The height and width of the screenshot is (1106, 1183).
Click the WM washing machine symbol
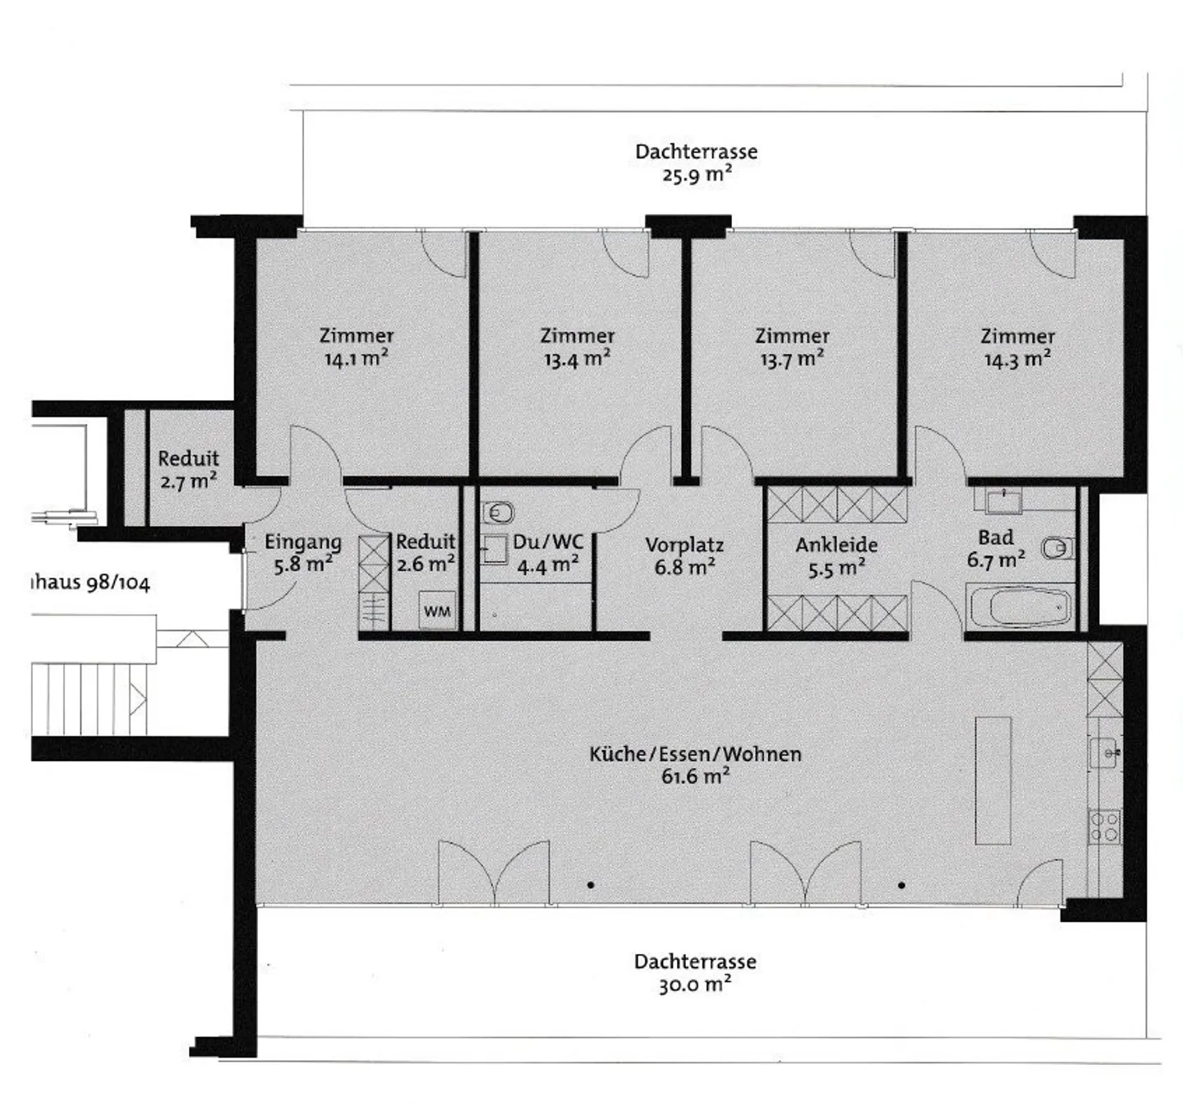(437, 611)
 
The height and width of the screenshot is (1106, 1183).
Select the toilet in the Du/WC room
(497, 513)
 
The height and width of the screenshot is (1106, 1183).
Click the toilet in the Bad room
(1056, 547)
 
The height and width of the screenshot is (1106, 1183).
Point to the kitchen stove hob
(1104, 827)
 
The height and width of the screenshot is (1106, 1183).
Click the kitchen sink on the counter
(1105, 752)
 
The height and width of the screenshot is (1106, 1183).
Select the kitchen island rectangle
(992, 781)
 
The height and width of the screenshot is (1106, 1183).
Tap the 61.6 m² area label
(695, 777)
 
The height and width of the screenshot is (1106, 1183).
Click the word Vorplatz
(684, 545)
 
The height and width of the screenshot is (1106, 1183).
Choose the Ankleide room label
(836, 545)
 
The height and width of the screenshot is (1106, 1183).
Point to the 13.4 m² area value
(577, 359)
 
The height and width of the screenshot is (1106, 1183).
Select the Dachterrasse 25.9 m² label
(696, 163)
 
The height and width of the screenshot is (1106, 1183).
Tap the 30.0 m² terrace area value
(694, 984)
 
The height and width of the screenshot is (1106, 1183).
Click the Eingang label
(302, 542)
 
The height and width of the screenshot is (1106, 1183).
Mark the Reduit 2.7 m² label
(188, 469)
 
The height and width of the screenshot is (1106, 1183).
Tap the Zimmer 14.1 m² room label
(356, 347)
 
